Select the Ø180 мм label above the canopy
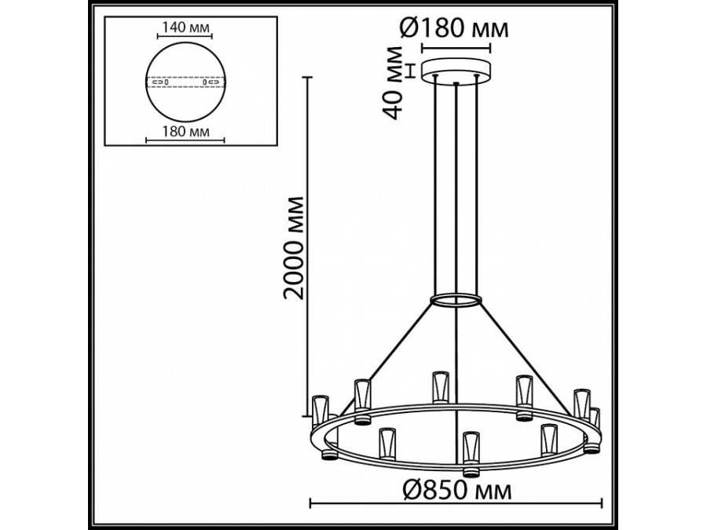pos(454,29)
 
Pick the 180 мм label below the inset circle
pos(185,132)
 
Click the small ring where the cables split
pos(456,301)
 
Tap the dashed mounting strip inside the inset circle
pos(185,81)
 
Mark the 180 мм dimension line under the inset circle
pos(185,141)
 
